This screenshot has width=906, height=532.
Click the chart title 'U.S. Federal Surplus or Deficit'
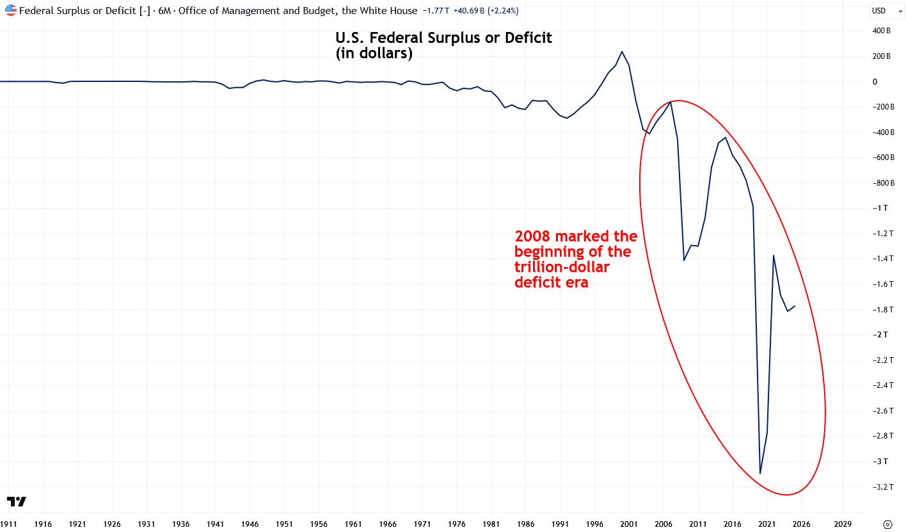(443, 38)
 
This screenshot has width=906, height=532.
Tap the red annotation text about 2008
(576, 259)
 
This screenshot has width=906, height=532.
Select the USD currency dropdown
(887, 11)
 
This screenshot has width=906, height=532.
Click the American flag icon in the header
(10, 10)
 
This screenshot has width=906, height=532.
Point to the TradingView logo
(17, 502)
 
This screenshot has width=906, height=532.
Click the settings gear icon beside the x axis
(887, 524)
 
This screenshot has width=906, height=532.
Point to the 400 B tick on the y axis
(881, 31)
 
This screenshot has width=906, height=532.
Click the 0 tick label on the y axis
(875, 82)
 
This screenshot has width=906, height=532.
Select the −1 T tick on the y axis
(880, 208)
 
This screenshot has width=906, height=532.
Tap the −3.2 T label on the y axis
(883, 487)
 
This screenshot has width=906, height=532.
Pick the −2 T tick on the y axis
(880, 335)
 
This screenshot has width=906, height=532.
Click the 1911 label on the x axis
(9, 524)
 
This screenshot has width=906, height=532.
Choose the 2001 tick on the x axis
(629, 524)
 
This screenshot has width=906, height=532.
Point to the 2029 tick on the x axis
(843, 524)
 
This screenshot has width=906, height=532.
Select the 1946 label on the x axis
(250, 524)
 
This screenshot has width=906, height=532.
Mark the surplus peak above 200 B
(622, 51)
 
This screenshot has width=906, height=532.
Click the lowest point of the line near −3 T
(760, 473)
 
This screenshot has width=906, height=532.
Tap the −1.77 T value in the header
(436, 11)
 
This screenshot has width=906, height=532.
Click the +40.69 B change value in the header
(469, 11)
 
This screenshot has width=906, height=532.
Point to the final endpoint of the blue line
(795, 306)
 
